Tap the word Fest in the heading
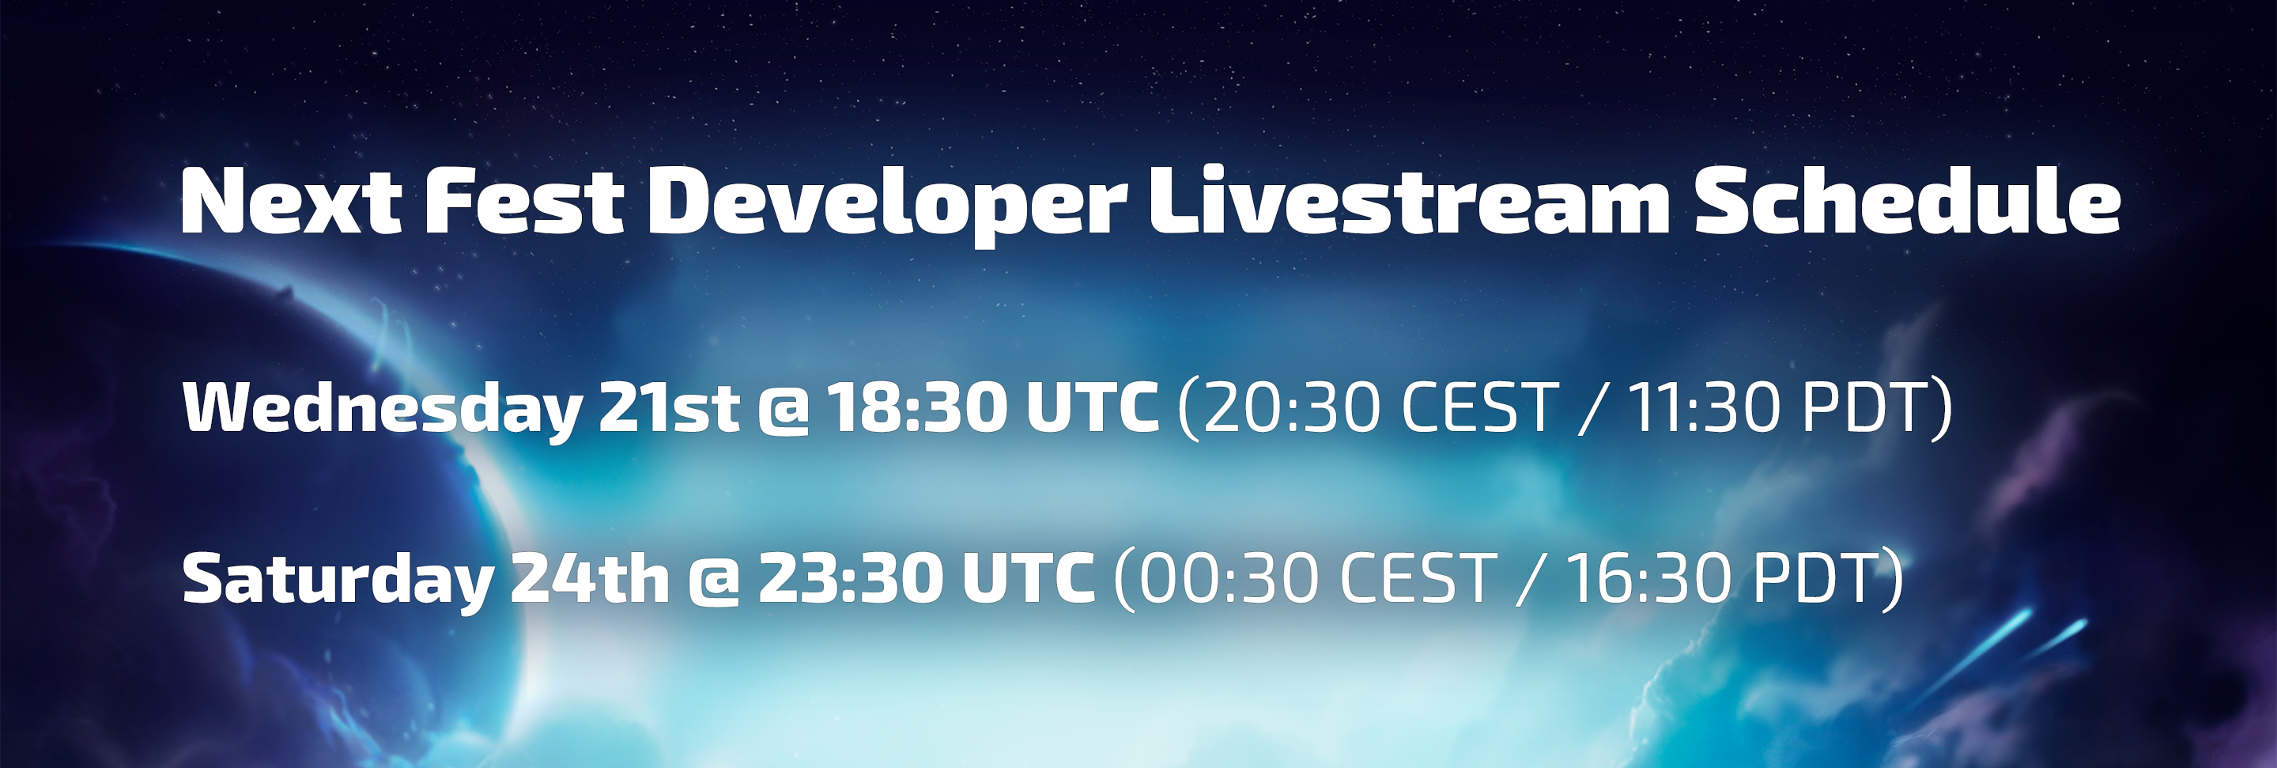pyautogui.click(x=525, y=201)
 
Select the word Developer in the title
pyautogui.click(x=886, y=206)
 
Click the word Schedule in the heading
pyautogui.click(x=1907, y=201)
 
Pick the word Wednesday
pyautogui.click(x=382, y=409)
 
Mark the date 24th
pyautogui.click(x=590, y=578)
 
